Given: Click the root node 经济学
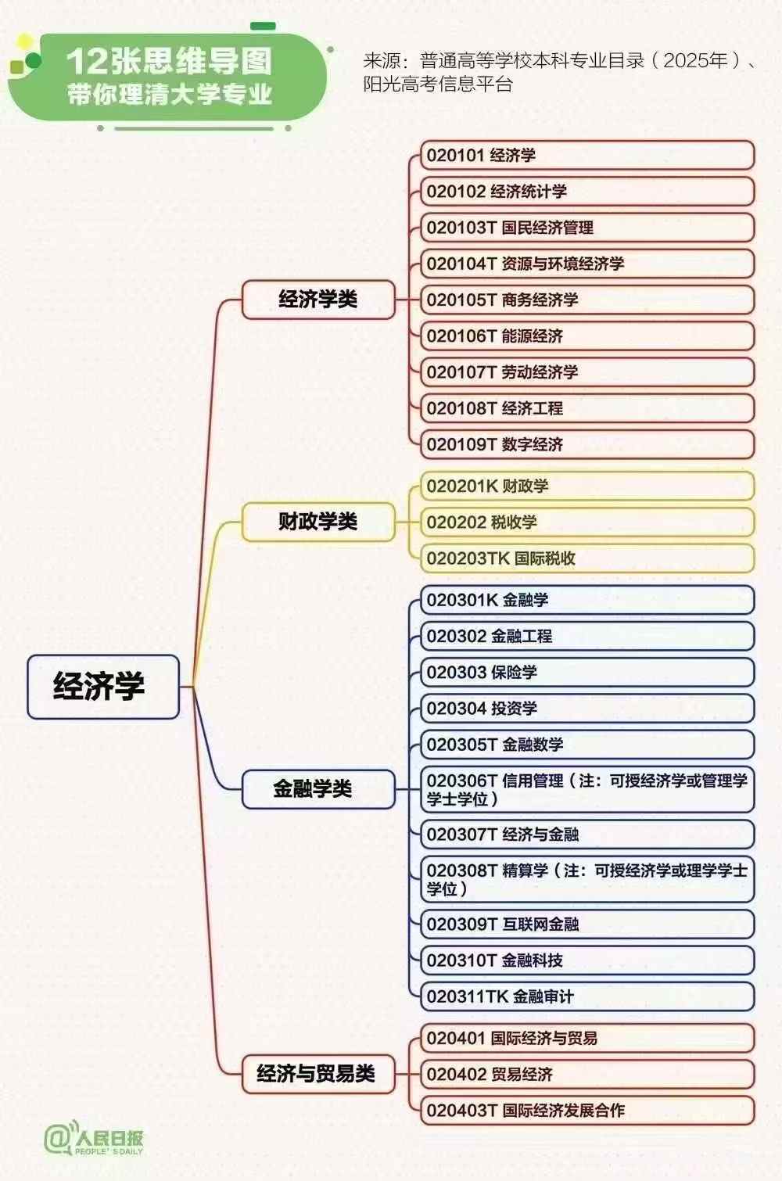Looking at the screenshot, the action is (103, 687).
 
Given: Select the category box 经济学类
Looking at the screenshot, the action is (318, 300).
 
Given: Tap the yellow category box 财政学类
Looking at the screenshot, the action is (318, 522).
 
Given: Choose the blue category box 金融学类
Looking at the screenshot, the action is (318, 789).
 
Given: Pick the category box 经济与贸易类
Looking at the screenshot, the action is (318, 1074).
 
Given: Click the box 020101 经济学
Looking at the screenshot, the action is (587, 155).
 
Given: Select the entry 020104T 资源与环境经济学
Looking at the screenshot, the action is (587, 264).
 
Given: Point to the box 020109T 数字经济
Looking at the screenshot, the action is (587, 444).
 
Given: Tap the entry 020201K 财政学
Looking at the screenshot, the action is (587, 486).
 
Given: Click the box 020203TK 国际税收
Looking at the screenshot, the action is (587, 558).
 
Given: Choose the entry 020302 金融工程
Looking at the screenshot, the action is (587, 637).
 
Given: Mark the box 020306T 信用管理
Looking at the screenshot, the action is (587, 789).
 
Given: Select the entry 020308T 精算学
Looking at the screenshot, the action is (587, 879).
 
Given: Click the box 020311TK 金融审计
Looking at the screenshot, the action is (587, 996).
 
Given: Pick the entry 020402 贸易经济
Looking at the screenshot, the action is (587, 1074).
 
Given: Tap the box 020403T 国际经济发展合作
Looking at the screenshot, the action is (587, 1111).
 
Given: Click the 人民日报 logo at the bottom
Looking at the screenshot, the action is (93, 1140).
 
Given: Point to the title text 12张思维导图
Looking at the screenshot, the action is (169, 61).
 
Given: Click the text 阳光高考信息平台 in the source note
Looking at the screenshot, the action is (438, 84).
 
